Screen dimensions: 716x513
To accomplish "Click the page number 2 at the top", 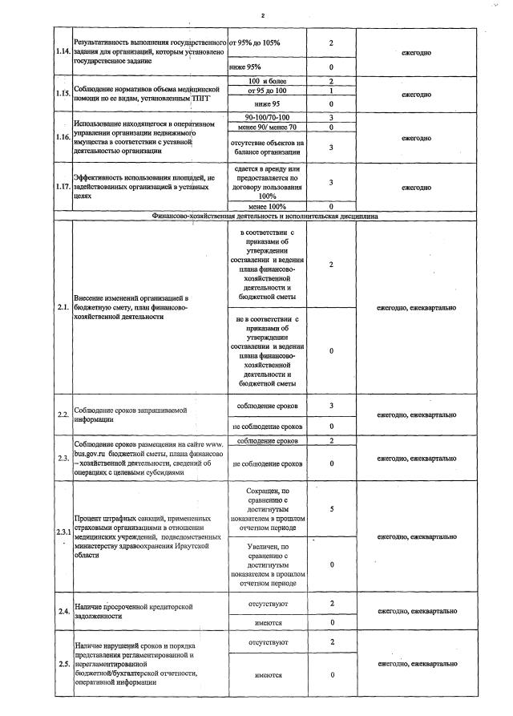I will click(x=261, y=15).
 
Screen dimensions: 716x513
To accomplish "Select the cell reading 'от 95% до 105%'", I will click(x=255, y=42).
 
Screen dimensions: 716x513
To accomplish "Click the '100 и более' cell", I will click(x=268, y=82).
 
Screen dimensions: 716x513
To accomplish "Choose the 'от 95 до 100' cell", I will click(x=268, y=91).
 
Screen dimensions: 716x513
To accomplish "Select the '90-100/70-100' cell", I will click(x=268, y=118).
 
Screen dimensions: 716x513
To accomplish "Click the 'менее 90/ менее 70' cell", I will click(x=268, y=127).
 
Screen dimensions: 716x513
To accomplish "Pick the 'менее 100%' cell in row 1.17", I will click(x=268, y=206).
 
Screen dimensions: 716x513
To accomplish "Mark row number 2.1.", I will click(x=63, y=307).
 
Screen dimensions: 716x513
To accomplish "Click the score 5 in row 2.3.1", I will click(x=331, y=508).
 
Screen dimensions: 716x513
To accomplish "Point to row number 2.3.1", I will click(x=63, y=533).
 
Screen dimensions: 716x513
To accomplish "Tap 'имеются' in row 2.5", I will click(x=268, y=675).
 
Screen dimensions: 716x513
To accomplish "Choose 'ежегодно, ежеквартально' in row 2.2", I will click(x=417, y=415).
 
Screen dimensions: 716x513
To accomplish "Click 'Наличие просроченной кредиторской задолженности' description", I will click(x=133, y=612).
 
